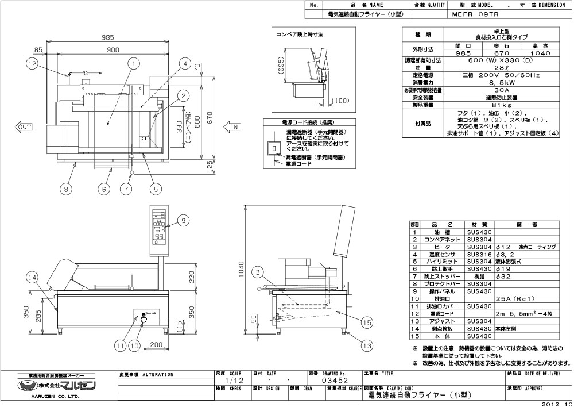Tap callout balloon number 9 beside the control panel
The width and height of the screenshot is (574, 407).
click(x=183, y=220)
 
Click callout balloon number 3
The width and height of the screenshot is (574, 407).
click(x=258, y=272)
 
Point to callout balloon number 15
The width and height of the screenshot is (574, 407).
click(x=367, y=323)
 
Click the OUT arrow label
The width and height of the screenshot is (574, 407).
click(x=25, y=126)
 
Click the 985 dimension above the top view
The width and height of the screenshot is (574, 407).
click(x=108, y=37)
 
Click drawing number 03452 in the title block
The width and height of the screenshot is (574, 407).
click(x=334, y=381)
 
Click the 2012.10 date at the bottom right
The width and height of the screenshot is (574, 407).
click(x=555, y=403)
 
